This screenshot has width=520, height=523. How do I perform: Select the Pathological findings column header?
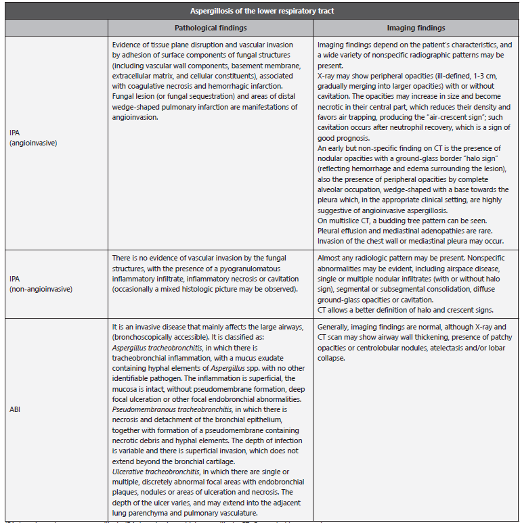(x=210, y=28)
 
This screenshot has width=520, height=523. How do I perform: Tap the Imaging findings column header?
(x=416, y=28)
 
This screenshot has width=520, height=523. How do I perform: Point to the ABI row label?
(x=13, y=410)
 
